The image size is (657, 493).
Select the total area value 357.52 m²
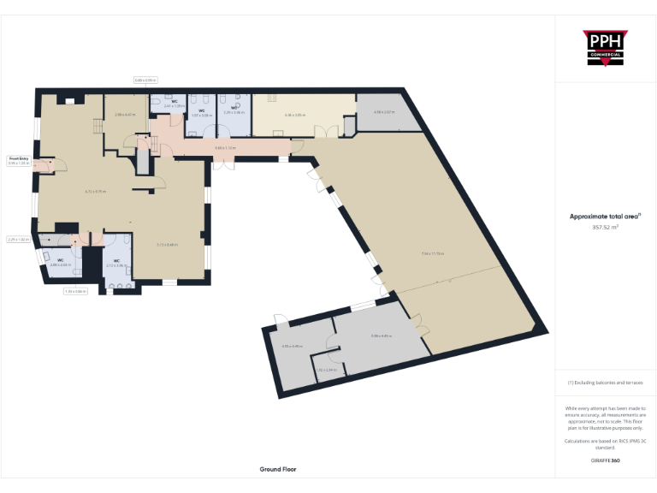[605, 228]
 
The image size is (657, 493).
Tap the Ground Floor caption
[278, 469]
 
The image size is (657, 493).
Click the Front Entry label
[19, 158]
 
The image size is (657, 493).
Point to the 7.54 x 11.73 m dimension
[433, 253]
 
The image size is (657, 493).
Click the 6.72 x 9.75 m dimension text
[95, 191]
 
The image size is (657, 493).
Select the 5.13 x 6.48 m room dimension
[167, 245]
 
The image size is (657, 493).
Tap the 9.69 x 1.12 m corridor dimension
[225, 148]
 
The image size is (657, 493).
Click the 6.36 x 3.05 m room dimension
[294, 114]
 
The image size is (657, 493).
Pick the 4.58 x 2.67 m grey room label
[384, 112]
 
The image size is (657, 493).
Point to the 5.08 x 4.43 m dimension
[381, 336]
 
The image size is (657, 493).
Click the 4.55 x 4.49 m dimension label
[293, 346]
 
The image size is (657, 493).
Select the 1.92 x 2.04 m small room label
[326, 370]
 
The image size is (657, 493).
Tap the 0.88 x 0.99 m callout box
[145, 80]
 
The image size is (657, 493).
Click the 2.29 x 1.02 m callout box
[18, 240]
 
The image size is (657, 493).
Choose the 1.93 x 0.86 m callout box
[75, 291]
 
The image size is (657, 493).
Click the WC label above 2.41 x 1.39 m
[175, 102]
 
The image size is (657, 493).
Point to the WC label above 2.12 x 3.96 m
[115, 260]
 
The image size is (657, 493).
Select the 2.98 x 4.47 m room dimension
[125, 114]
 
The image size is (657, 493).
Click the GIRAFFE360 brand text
[605, 460]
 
